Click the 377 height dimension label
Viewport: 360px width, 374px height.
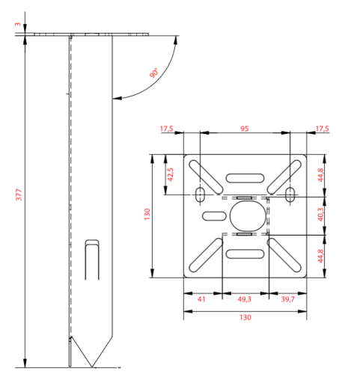pyautogui.click(x=19, y=195)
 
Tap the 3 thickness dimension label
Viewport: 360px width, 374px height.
pyautogui.click(x=18, y=24)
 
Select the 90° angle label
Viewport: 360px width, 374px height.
pyautogui.click(x=154, y=73)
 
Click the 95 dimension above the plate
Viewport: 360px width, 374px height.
pyautogui.click(x=245, y=129)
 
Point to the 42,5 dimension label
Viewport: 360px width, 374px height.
pyautogui.click(x=171, y=174)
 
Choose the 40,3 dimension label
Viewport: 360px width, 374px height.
pyautogui.click(x=320, y=215)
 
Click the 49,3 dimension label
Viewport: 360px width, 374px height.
pyautogui.click(x=244, y=299)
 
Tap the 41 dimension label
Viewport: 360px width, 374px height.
pyautogui.click(x=201, y=299)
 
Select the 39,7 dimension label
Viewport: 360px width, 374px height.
pyautogui.click(x=288, y=299)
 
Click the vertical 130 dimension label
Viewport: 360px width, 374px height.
pyautogui.click(x=147, y=214)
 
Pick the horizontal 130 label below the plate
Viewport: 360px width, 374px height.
pyautogui.click(x=245, y=317)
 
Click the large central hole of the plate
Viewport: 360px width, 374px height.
pyautogui.click(x=248, y=216)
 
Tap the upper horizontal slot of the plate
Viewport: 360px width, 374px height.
pyautogui.click(x=245, y=178)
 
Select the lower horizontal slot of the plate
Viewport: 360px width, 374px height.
pyautogui.click(x=245, y=254)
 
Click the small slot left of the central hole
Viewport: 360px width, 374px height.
pyautogui.click(x=214, y=216)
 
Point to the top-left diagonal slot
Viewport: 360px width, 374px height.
pyautogui.click(x=206, y=177)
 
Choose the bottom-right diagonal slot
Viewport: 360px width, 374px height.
pyautogui.click(x=284, y=255)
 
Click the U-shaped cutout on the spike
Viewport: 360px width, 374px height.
pyautogui.click(x=92, y=260)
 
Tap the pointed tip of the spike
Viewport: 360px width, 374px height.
pyautogui.click(x=92, y=367)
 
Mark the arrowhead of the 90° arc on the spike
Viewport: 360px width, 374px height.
pyautogui.click(x=116, y=98)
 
